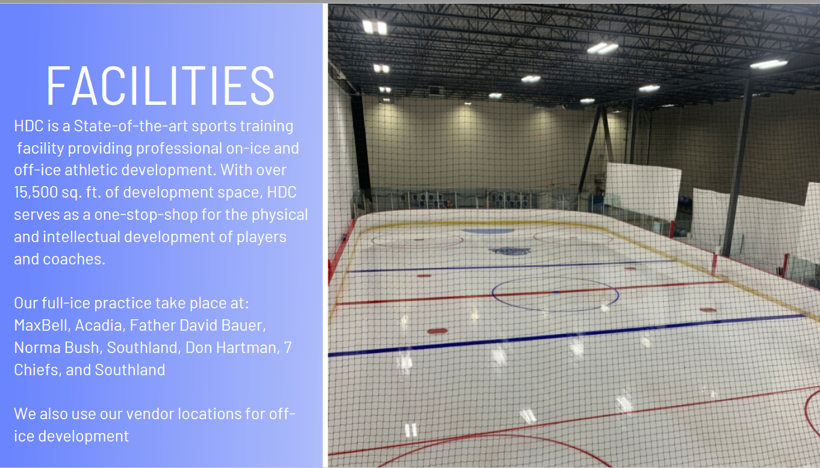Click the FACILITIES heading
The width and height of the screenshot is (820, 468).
[160, 86]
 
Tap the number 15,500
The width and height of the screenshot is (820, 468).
[36, 193]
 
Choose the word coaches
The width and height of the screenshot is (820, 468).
[74, 259]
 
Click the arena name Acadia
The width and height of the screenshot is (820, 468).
[98, 325]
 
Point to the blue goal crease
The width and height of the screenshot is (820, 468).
[488, 232]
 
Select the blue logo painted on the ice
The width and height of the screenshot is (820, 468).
[509, 251]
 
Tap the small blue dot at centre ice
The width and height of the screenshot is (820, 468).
[556, 292]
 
